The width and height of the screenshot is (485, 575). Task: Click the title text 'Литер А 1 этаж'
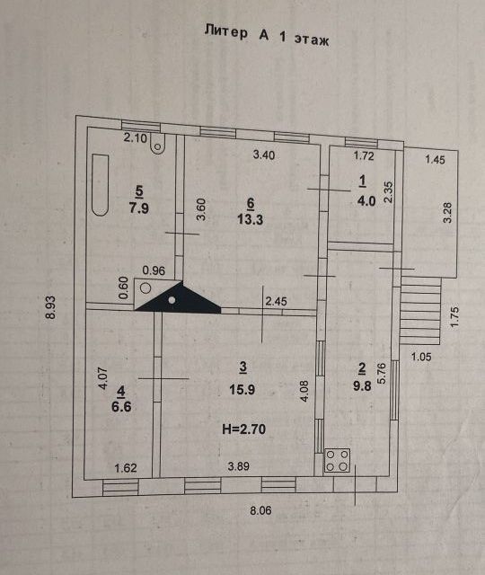(267, 35)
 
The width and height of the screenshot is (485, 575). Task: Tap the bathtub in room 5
(100, 185)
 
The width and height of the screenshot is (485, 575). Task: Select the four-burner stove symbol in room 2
(338, 460)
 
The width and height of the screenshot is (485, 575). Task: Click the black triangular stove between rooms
(178, 297)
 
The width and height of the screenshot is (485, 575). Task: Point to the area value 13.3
(250, 219)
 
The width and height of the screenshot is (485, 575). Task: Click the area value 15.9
(242, 389)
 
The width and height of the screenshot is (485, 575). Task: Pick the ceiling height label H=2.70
(243, 429)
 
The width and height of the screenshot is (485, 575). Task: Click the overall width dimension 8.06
(260, 510)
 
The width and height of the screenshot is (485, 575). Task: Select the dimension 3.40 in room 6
(264, 155)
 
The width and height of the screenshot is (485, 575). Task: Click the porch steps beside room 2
(420, 310)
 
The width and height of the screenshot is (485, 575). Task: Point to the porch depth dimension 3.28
(447, 213)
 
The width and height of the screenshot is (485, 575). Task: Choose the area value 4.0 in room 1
(366, 200)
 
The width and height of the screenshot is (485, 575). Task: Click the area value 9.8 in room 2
(362, 385)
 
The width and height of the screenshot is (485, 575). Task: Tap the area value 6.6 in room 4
(121, 407)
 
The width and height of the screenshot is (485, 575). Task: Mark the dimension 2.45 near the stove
(276, 302)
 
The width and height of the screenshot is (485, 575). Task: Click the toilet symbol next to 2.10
(158, 144)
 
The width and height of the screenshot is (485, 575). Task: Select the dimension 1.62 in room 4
(126, 468)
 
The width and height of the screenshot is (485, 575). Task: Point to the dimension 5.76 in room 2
(382, 374)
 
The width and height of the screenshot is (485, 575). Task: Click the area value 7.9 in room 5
(138, 208)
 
